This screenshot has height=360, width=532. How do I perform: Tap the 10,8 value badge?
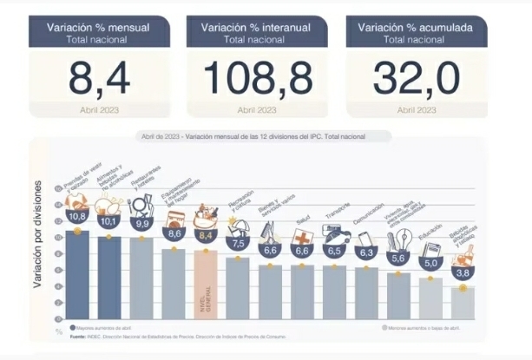76,215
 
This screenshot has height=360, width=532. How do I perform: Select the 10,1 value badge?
108,221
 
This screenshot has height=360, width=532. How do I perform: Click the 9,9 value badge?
141,224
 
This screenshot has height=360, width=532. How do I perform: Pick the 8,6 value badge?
174,233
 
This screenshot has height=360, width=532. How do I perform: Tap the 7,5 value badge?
238,243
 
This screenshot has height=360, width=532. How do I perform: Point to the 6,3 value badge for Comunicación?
365,252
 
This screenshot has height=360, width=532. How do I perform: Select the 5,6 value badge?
398,259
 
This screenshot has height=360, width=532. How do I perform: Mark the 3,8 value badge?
463,272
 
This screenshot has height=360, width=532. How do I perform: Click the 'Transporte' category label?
337,216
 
